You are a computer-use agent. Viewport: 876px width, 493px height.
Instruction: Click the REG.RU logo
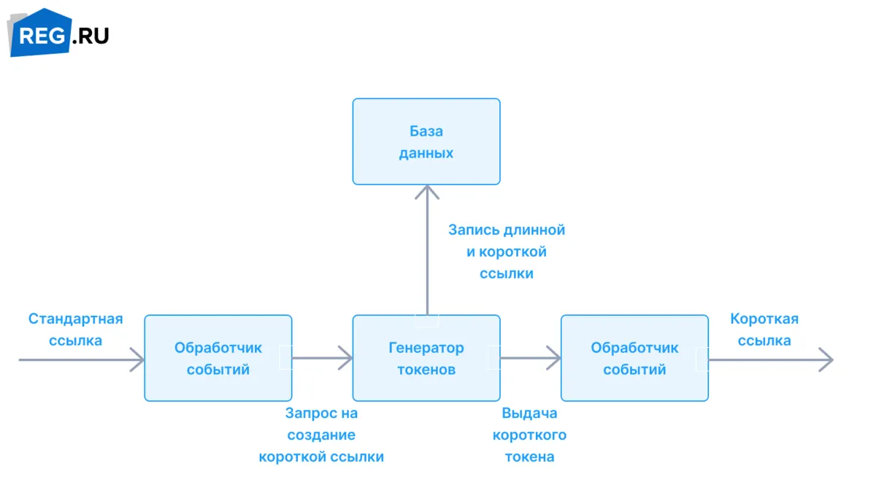pos(58,33)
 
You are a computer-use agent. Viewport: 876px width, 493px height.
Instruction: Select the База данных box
pos(426,141)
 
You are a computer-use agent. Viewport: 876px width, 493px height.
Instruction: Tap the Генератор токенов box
pos(426,358)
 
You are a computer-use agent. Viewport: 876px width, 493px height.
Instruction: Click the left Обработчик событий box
pos(218,358)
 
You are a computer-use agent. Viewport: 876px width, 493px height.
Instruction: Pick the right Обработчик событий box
pos(634,358)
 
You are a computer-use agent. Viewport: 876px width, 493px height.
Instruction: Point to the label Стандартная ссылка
pos(75,330)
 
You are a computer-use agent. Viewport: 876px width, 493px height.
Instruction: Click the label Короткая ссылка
pos(764,330)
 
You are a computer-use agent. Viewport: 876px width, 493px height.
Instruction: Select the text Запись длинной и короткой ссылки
pos(507,252)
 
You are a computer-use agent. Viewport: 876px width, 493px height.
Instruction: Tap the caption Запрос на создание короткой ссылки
pos(321,435)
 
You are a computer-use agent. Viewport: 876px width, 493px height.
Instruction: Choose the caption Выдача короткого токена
pos(529,435)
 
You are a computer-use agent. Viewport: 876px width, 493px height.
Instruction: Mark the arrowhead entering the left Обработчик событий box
pos(138,360)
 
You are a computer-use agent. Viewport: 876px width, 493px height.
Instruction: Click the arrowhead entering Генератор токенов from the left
pos(346,358)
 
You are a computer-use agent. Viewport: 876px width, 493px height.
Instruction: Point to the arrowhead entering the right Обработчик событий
pos(554,358)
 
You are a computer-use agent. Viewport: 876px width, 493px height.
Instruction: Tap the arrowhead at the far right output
pos(826,360)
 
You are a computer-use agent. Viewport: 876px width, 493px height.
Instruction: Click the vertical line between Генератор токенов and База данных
pos(427,250)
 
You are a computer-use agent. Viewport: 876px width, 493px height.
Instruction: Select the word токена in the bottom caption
pos(529,457)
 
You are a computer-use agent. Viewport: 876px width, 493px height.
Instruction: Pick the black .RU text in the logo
pos(91,36)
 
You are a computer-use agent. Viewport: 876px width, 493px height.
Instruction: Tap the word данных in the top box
pos(426,153)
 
